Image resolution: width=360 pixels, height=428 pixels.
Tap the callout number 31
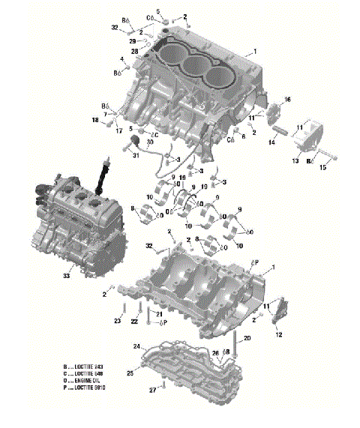point(136,156)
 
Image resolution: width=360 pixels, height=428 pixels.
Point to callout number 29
point(133,41)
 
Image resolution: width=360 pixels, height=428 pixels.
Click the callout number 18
point(95,121)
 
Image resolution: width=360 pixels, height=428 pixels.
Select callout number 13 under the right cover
point(295,161)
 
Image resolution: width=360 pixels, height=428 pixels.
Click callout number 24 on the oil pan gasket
point(137,346)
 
